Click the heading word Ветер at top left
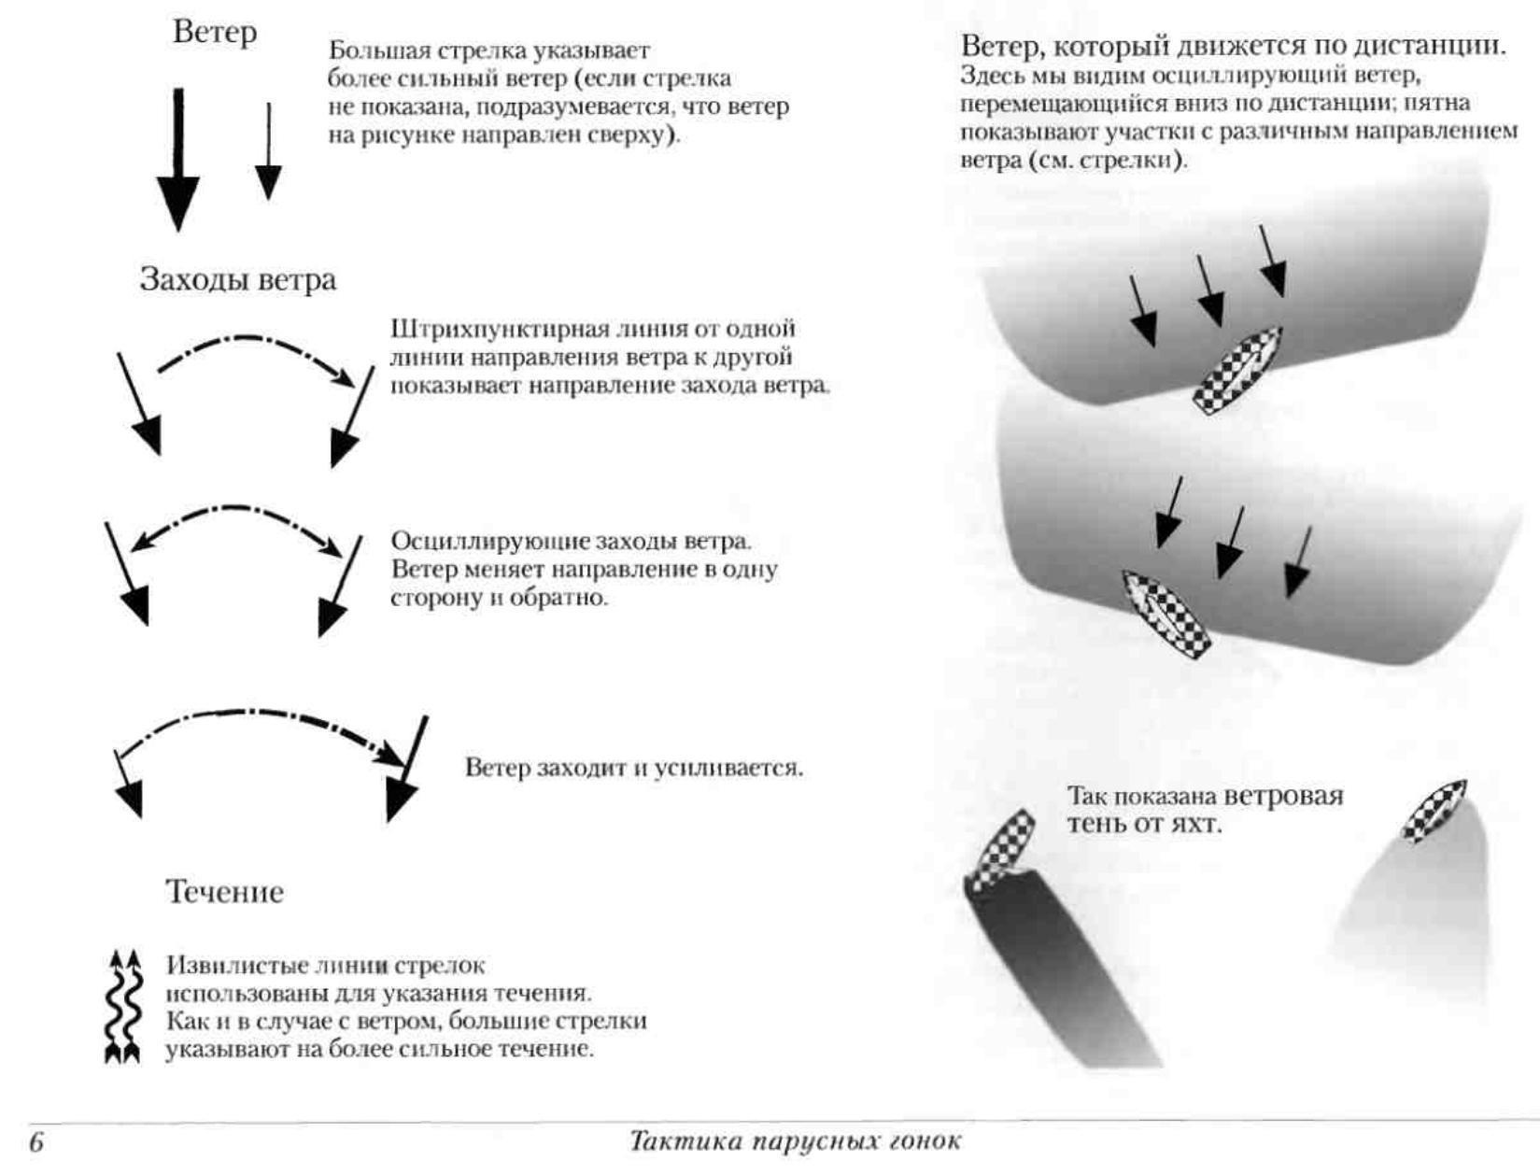point(214,32)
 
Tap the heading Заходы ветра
point(237,279)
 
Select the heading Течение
point(224,891)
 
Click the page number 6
point(36,1142)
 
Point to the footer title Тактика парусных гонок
point(795,1141)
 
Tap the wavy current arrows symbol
point(123,1006)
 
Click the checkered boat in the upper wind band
point(1236,370)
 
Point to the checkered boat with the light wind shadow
point(1434,810)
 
